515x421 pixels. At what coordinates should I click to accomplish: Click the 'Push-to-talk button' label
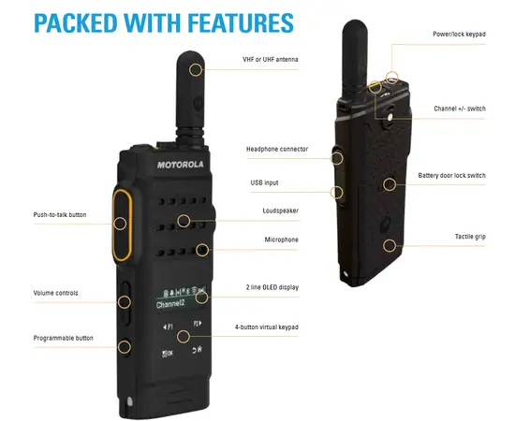60,214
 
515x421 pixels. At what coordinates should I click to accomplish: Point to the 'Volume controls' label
56,293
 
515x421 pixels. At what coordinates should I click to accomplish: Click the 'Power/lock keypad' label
458,34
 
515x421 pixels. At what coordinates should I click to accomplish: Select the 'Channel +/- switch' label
458,109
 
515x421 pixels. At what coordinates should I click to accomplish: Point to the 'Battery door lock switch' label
451,175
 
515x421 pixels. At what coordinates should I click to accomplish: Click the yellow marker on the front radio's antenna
196,68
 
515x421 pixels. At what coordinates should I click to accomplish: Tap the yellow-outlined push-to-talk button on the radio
121,223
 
